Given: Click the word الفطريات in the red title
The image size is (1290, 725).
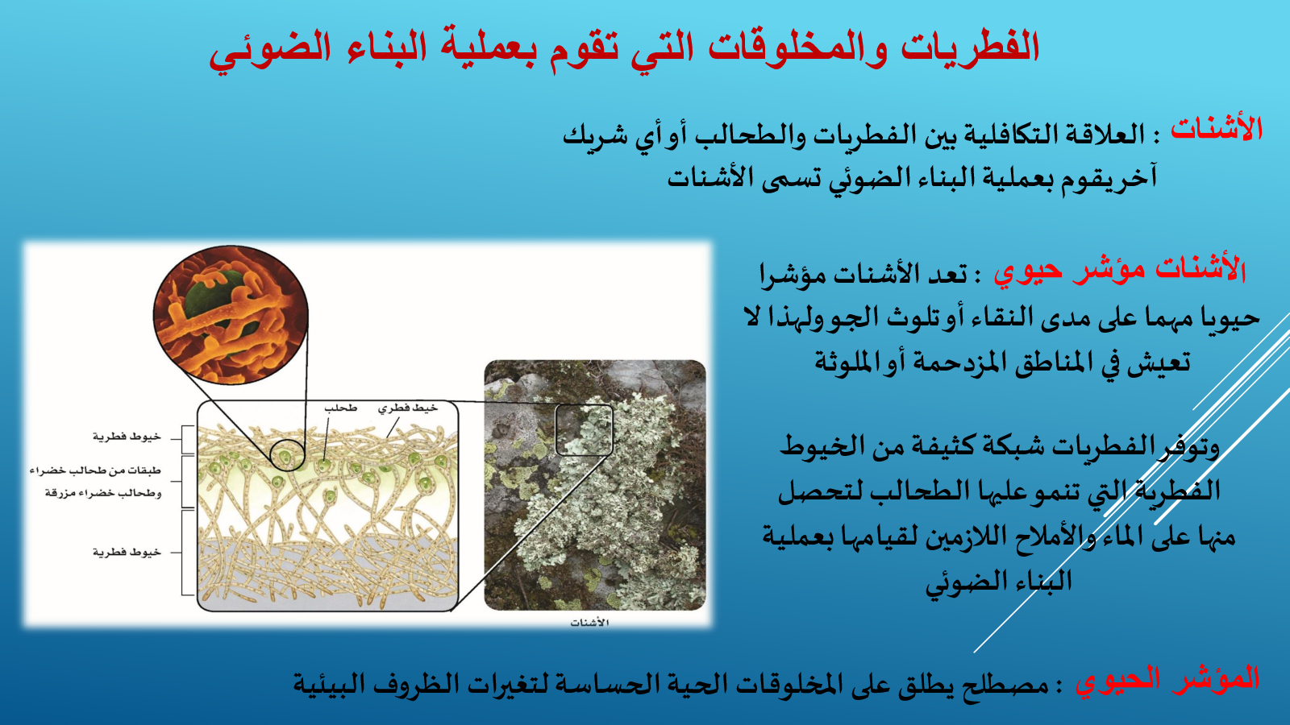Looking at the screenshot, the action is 970,48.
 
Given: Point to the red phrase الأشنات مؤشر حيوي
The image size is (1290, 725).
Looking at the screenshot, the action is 1120,271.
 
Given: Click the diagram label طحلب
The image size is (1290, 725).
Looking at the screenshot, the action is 340,408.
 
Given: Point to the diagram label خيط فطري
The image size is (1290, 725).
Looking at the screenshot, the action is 408,408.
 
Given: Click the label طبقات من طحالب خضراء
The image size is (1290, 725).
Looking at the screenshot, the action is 96,470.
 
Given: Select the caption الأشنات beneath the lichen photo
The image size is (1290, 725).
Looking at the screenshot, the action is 589,623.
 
